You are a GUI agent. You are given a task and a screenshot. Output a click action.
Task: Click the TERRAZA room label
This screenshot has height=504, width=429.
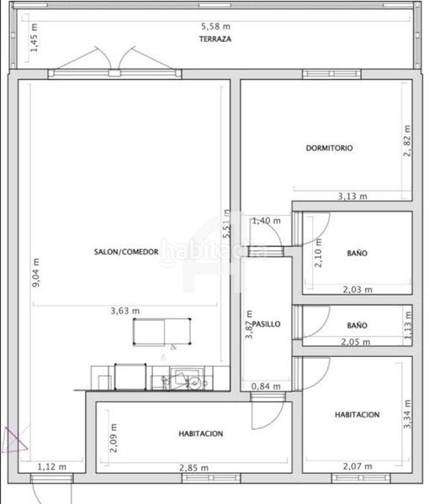[x=215, y=39]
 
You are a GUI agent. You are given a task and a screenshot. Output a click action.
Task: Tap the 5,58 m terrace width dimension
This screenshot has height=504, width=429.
[x=215, y=26]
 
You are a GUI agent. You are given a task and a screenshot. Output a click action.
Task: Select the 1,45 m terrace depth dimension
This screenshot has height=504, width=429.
[x=34, y=38]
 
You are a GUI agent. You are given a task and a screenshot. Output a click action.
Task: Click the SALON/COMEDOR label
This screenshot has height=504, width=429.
[x=126, y=252]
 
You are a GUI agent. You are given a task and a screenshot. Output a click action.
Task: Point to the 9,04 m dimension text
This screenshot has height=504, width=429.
[x=36, y=272]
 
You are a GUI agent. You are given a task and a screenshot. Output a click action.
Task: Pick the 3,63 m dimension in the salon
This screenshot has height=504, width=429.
[x=125, y=311]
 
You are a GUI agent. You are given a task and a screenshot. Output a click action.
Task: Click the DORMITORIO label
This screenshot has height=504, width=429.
[x=329, y=148]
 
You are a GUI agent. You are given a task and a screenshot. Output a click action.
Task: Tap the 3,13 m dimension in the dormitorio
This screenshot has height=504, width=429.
[x=352, y=196]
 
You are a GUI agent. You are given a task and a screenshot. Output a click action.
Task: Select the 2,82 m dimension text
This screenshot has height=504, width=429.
[x=407, y=141]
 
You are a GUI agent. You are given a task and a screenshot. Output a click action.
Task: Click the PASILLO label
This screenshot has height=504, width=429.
[x=267, y=324]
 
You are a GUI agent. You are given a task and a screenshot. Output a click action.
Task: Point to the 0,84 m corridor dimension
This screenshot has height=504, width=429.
[x=266, y=386]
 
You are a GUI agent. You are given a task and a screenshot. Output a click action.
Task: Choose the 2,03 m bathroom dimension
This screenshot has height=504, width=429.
[x=357, y=290]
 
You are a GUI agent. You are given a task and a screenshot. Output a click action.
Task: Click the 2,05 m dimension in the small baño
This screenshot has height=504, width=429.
[x=356, y=342]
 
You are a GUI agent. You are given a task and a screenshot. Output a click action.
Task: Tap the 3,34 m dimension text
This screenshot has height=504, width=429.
[x=407, y=414]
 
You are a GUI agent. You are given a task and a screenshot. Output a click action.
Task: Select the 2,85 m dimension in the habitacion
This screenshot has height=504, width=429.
[x=193, y=468]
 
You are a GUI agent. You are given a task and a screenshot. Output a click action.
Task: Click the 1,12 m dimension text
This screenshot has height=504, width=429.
[x=52, y=467]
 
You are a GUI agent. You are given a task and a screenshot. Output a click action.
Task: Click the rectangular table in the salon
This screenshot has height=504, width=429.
[x=162, y=332]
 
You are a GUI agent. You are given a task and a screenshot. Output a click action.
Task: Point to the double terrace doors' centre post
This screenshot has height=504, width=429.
[x=114, y=73]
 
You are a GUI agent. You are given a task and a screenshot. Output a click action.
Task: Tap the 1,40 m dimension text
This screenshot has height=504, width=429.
[x=267, y=221]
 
